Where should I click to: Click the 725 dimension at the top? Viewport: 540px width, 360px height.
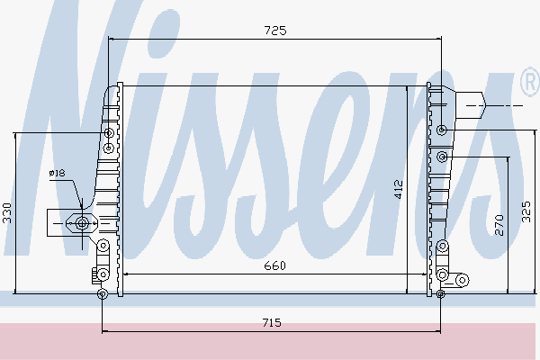274,31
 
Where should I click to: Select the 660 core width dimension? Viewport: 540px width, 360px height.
274,265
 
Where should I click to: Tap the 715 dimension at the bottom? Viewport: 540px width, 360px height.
273,322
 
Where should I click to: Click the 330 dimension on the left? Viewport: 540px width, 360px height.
7,213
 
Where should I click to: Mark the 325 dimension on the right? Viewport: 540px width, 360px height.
528,211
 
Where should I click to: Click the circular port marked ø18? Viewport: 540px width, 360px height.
83,222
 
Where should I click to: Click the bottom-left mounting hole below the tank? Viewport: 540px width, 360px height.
102,293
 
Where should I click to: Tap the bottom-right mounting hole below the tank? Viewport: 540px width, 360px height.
440,293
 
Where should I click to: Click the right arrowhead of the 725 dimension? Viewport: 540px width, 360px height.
438,39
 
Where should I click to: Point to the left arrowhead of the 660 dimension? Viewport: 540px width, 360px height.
124,273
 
